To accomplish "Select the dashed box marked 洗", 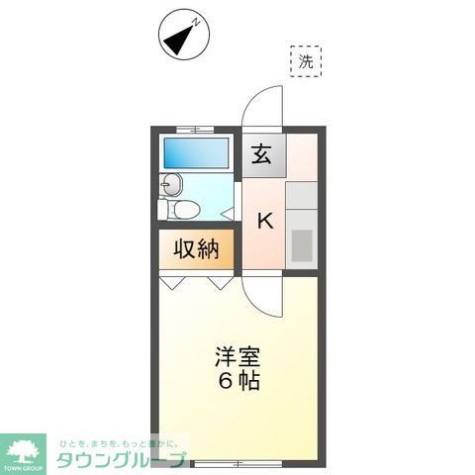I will click(x=306, y=61).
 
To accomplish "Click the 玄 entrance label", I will click(x=261, y=155).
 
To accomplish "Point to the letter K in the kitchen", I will click(x=265, y=221).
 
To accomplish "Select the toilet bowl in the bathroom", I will click(x=184, y=210).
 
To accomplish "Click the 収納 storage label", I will click(x=197, y=249).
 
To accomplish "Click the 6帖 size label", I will click(x=237, y=380).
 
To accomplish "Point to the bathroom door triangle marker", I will click(x=229, y=210).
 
